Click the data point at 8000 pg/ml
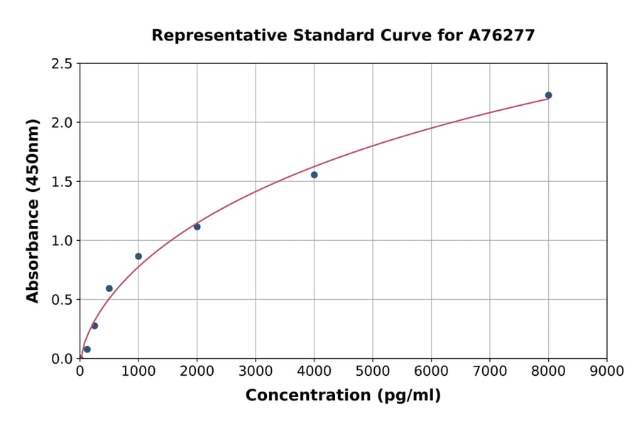548,95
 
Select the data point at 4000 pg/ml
314,175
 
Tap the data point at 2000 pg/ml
197,227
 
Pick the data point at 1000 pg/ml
138,256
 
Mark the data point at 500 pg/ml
109,288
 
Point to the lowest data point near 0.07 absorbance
87,350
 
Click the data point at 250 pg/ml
94,326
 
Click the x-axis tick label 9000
606,372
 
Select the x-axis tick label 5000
372,372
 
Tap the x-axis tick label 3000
255,372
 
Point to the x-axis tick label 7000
489,372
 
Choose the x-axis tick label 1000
138,372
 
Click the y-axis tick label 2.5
62,64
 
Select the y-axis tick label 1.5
62,182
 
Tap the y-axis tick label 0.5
62,300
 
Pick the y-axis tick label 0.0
62,359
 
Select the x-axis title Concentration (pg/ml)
343,396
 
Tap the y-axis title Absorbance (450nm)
33,211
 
